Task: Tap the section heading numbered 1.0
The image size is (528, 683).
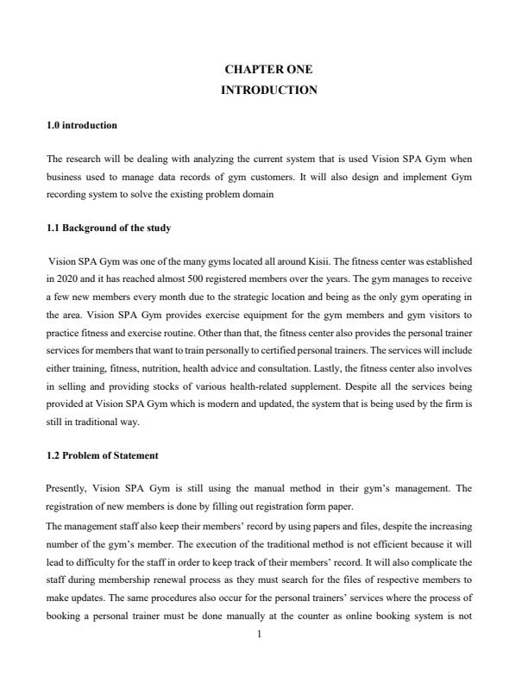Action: tap(81, 125)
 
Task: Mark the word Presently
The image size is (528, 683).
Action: tap(66, 489)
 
